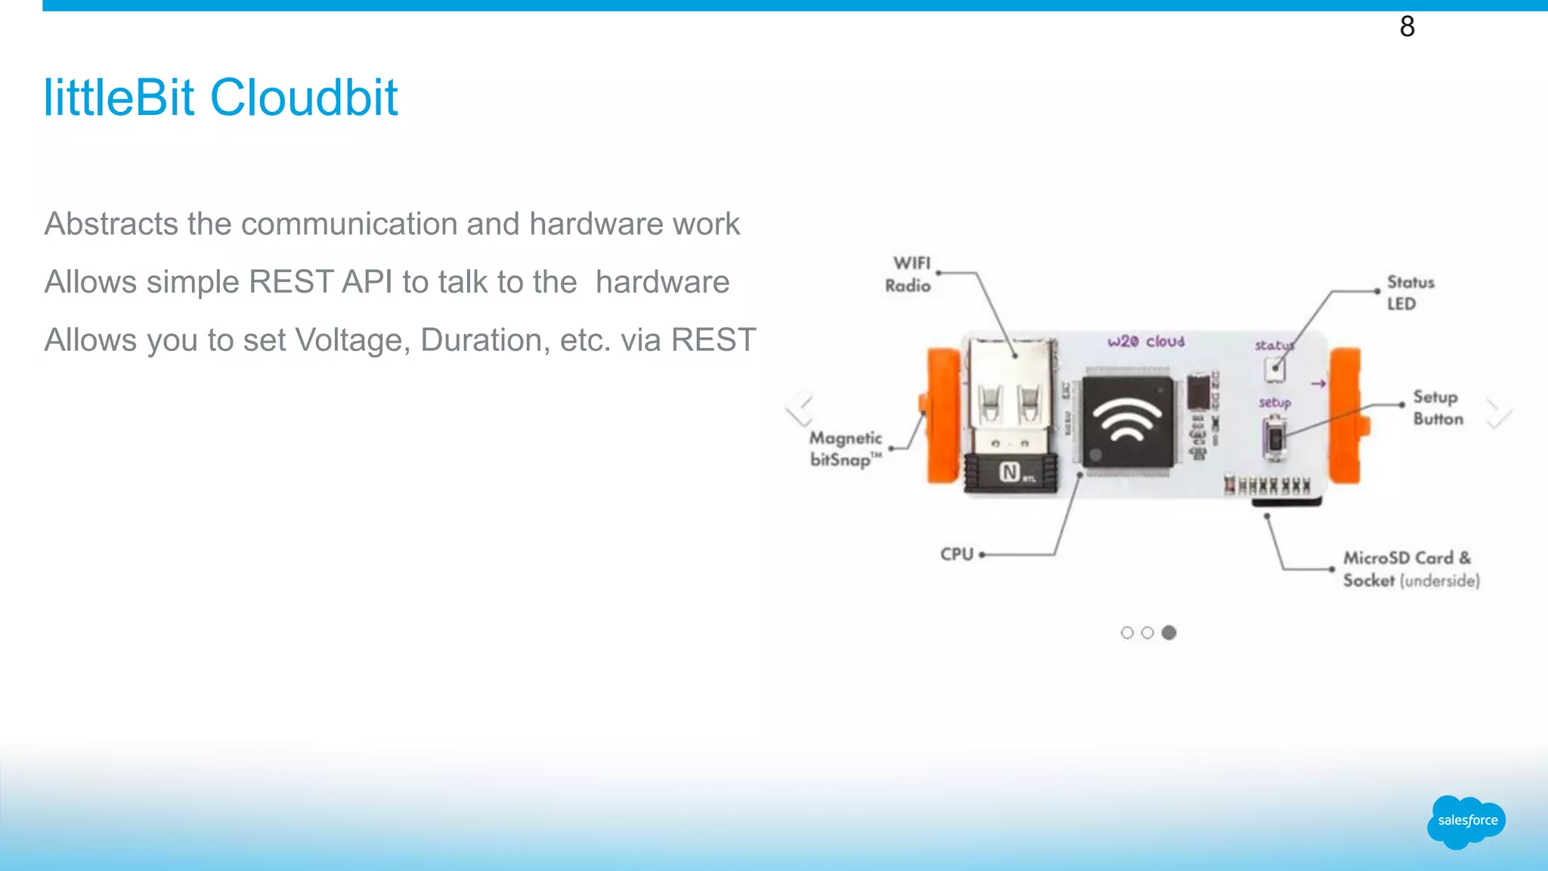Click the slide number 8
1407,26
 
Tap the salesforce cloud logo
1466,821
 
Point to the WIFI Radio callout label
909,274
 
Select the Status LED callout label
1410,293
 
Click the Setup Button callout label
1438,408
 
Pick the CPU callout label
957,554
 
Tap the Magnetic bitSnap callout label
846,449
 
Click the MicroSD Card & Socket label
1410,569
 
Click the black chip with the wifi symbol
1128,420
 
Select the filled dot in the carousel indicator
1169,633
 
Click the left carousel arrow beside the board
799,408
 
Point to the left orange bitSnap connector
943,415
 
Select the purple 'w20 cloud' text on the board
1146,342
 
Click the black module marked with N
1011,473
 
